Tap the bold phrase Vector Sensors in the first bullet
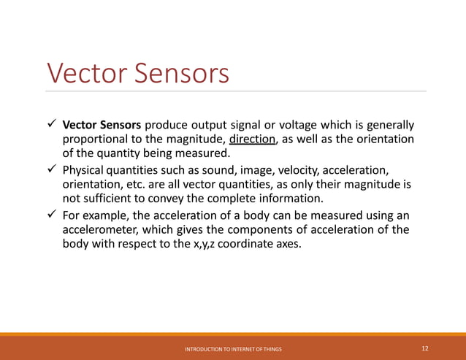[102, 125]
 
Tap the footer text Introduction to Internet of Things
[233, 350]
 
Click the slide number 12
[425, 349]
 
